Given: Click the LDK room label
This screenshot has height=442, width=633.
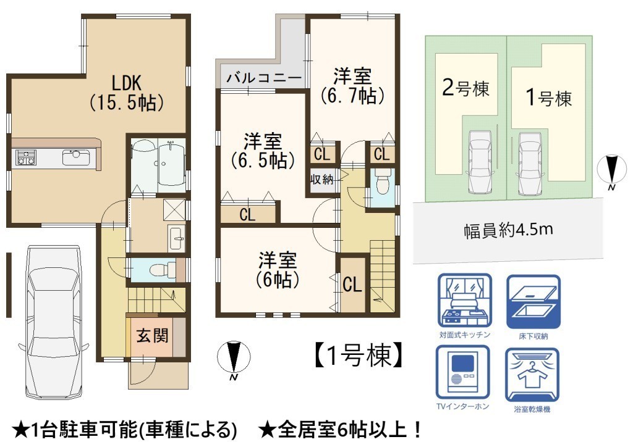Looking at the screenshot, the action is [x=127, y=93].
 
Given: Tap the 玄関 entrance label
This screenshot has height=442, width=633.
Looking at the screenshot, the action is [x=152, y=336].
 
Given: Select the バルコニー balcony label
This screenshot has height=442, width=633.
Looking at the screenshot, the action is [x=263, y=78].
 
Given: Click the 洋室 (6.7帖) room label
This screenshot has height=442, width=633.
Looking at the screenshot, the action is [x=352, y=86].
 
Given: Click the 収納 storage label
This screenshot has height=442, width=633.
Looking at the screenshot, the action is [x=321, y=179].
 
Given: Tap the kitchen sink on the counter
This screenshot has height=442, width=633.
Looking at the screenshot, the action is [x=76, y=157].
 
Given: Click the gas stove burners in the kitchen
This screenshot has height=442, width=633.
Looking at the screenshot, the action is [x=25, y=157].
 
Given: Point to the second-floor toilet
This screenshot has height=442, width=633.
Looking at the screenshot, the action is [x=381, y=182].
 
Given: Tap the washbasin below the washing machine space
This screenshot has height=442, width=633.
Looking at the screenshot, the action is [x=176, y=238].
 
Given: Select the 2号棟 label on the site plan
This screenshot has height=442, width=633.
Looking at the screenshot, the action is [x=465, y=88].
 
